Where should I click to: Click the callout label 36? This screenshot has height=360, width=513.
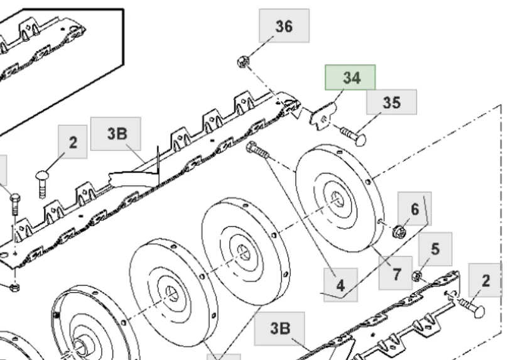284,26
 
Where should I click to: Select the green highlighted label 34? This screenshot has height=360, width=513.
350,78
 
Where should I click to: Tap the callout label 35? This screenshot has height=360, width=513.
391,103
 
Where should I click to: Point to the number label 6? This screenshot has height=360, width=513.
414,209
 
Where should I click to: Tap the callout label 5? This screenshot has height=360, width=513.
435,249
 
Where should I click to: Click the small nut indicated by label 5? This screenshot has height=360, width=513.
415,275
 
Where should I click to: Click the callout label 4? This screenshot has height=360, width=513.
340,285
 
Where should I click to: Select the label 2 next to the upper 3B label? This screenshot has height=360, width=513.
73,142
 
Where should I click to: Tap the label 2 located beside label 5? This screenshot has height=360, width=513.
485,280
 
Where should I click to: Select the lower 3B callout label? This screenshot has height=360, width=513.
280,329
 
